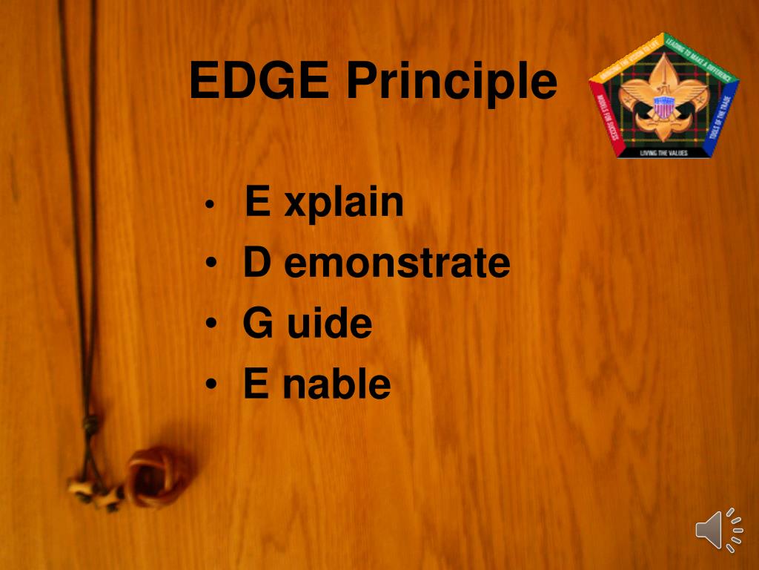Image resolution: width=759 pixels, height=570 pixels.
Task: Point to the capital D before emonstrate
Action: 256,263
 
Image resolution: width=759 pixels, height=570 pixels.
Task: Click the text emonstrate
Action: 397,264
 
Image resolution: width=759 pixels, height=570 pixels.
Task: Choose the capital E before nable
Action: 255,384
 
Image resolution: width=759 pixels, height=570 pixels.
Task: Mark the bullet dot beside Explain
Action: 211,204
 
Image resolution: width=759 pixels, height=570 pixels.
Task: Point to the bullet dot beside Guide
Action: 212,325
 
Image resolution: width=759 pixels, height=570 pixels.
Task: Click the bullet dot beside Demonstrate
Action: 212,265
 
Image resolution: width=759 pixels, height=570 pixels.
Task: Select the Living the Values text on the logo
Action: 663,153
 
